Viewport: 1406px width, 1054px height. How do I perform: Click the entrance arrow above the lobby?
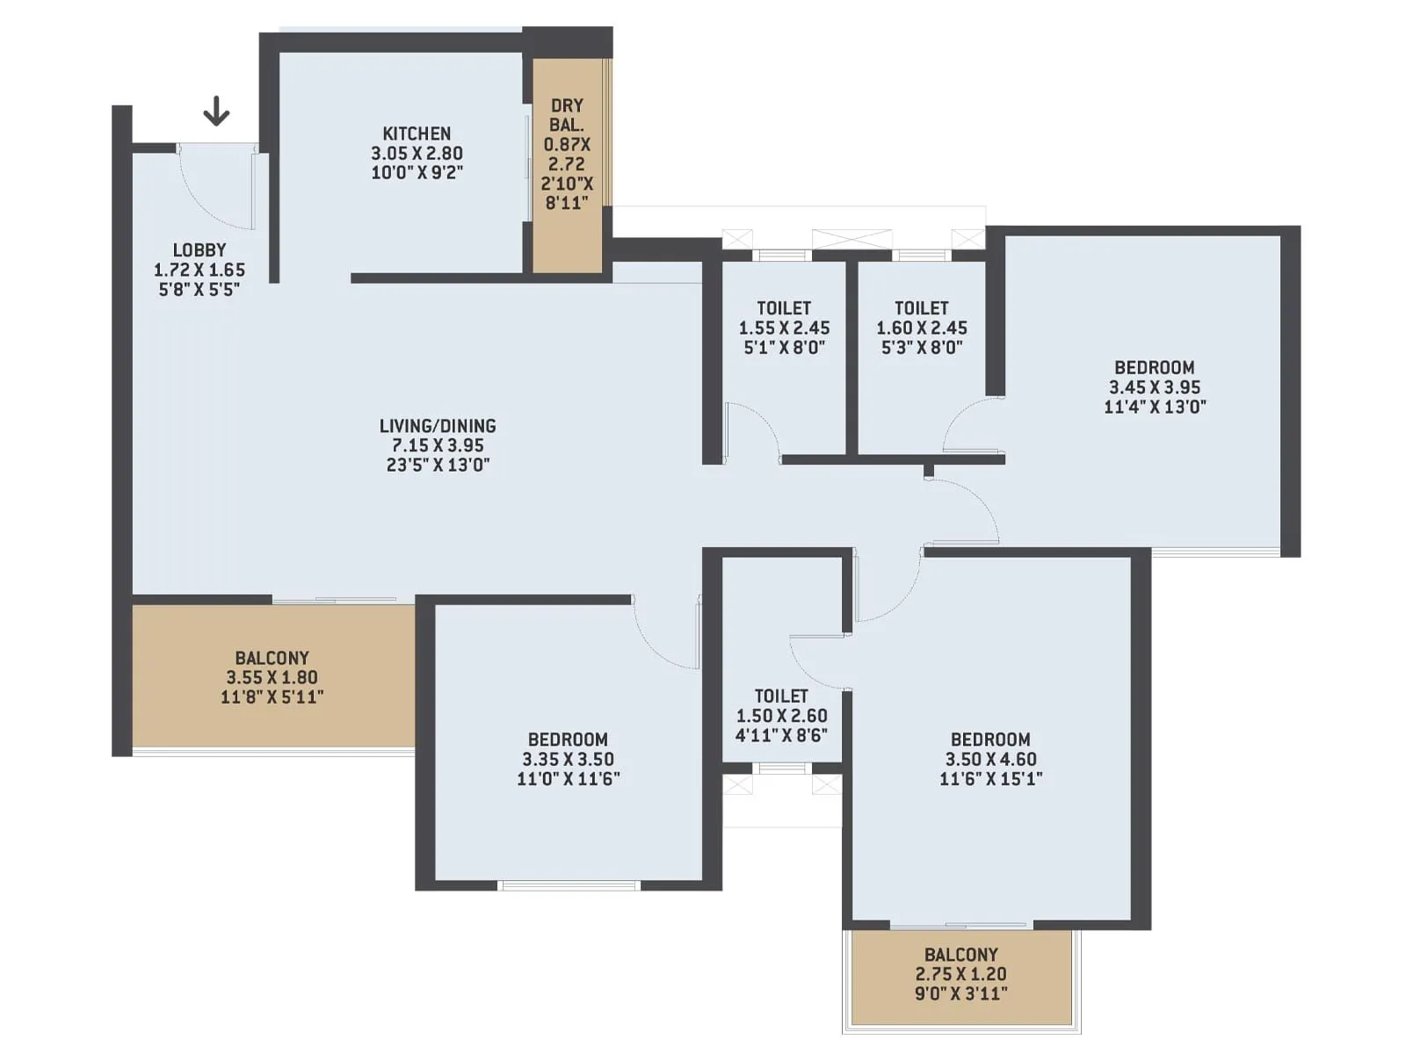click(x=216, y=112)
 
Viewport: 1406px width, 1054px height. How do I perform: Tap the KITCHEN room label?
click(x=417, y=134)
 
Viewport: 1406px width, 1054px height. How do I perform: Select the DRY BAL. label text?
click(x=567, y=115)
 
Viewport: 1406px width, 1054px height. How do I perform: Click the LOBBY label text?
click(x=199, y=250)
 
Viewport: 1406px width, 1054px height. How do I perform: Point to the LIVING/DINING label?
click(x=438, y=426)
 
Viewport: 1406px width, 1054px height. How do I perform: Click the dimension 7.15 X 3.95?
click(x=438, y=445)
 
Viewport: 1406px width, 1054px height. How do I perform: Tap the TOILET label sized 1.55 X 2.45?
click(x=784, y=308)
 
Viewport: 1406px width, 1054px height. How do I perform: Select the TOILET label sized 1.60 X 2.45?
click(x=921, y=308)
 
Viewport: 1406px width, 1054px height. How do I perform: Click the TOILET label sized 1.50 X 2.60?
click(x=781, y=696)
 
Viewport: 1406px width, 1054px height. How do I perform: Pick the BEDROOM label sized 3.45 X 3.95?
click(x=1155, y=368)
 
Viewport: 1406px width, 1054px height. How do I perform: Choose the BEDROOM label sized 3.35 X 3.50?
click(x=568, y=740)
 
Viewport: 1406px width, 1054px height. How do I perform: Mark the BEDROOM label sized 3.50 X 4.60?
click(x=990, y=740)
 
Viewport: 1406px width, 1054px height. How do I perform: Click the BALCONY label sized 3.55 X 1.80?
click(x=272, y=658)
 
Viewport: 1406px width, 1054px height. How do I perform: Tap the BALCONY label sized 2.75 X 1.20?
click(x=960, y=955)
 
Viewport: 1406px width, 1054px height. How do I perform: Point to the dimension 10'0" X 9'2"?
click(x=417, y=173)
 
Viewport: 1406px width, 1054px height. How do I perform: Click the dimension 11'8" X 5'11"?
click(x=272, y=697)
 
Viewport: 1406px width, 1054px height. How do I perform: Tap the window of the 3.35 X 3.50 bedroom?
click(x=569, y=885)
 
